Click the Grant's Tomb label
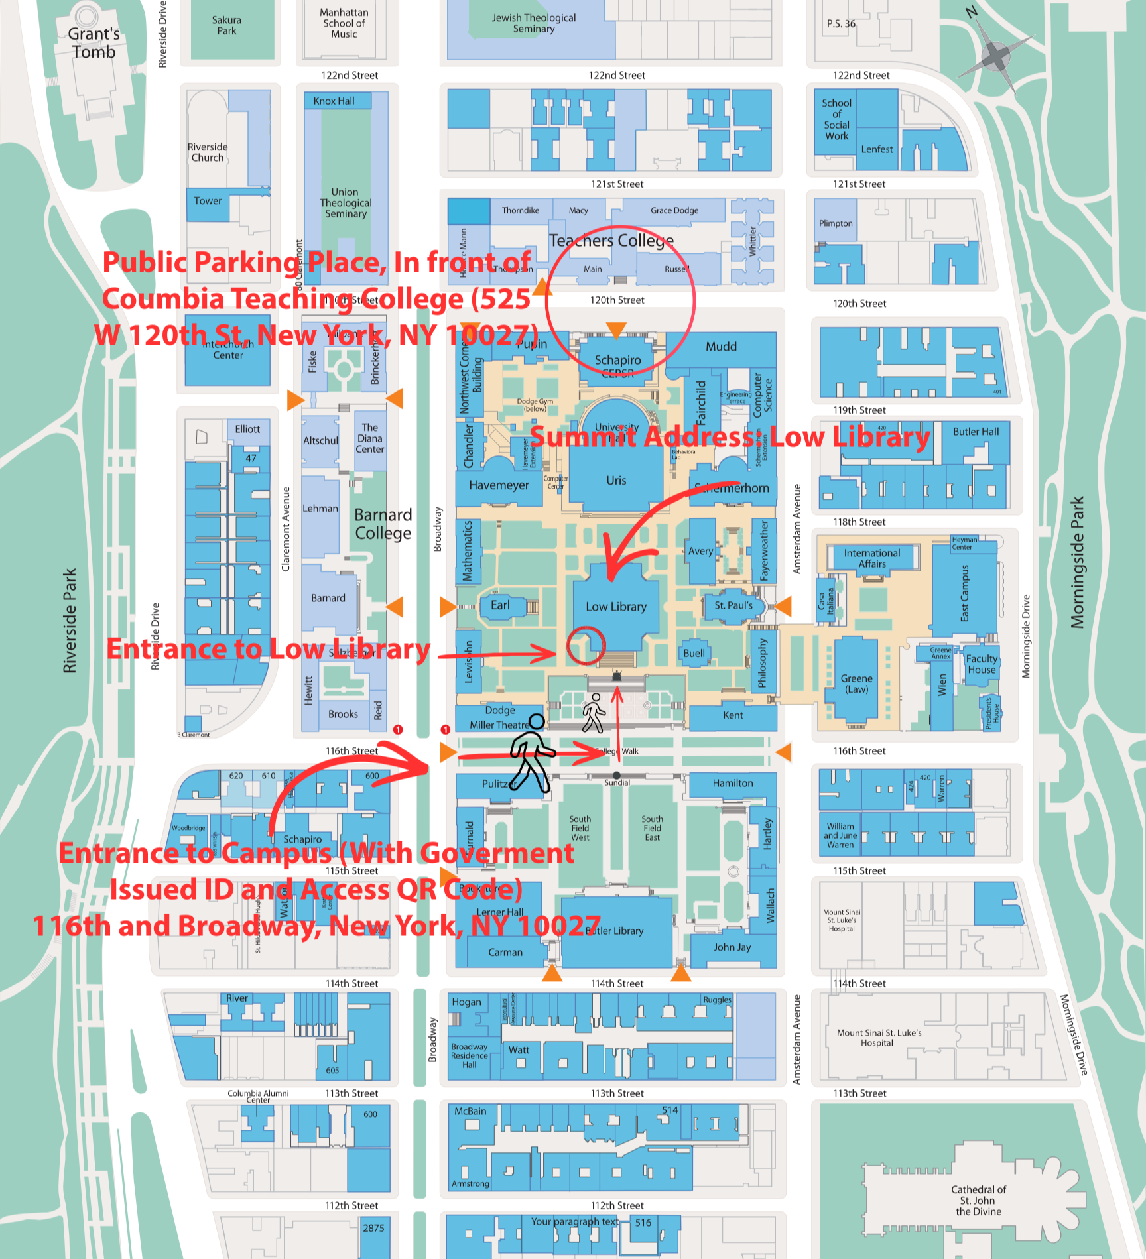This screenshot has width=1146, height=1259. click(x=94, y=43)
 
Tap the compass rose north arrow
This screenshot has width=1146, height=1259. click(x=995, y=56)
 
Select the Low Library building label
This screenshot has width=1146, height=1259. click(x=615, y=607)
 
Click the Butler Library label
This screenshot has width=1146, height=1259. click(x=615, y=931)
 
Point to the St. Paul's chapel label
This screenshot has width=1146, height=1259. click(x=733, y=605)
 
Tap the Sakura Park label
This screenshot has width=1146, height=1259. click(x=227, y=25)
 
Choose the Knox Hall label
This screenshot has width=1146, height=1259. click(x=334, y=101)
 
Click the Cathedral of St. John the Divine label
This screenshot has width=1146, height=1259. click(x=978, y=1201)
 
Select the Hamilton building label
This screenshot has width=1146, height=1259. click(x=733, y=783)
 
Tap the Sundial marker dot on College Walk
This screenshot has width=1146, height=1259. click(x=617, y=775)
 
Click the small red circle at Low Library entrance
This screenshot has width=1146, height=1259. click(x=586, y=645)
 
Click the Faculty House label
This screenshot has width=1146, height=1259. click(x=982, y=664)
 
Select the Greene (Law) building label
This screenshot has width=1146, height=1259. click(x=856, y=684)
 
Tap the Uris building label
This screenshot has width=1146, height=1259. click(x=616, y=481)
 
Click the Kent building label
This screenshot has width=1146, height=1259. click(x=733, y=715)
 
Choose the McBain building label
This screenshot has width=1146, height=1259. click(x=470, y=1111)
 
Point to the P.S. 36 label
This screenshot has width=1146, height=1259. click(x=841, y=24)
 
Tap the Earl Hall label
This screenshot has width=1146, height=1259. click(x=500, y=605)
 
